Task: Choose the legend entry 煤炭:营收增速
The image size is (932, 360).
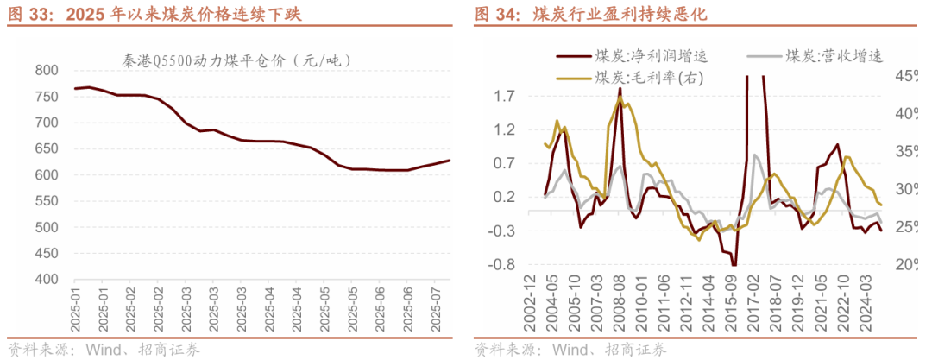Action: tap(834, 57)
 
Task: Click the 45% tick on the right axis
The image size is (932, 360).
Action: tap(906, 77)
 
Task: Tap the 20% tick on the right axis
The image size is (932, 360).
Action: tap(906, 264)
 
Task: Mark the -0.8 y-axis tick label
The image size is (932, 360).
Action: tap(502, 264)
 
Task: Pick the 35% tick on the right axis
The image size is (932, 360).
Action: tap(906, 152)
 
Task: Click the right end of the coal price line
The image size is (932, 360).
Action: tap(450, 161)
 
